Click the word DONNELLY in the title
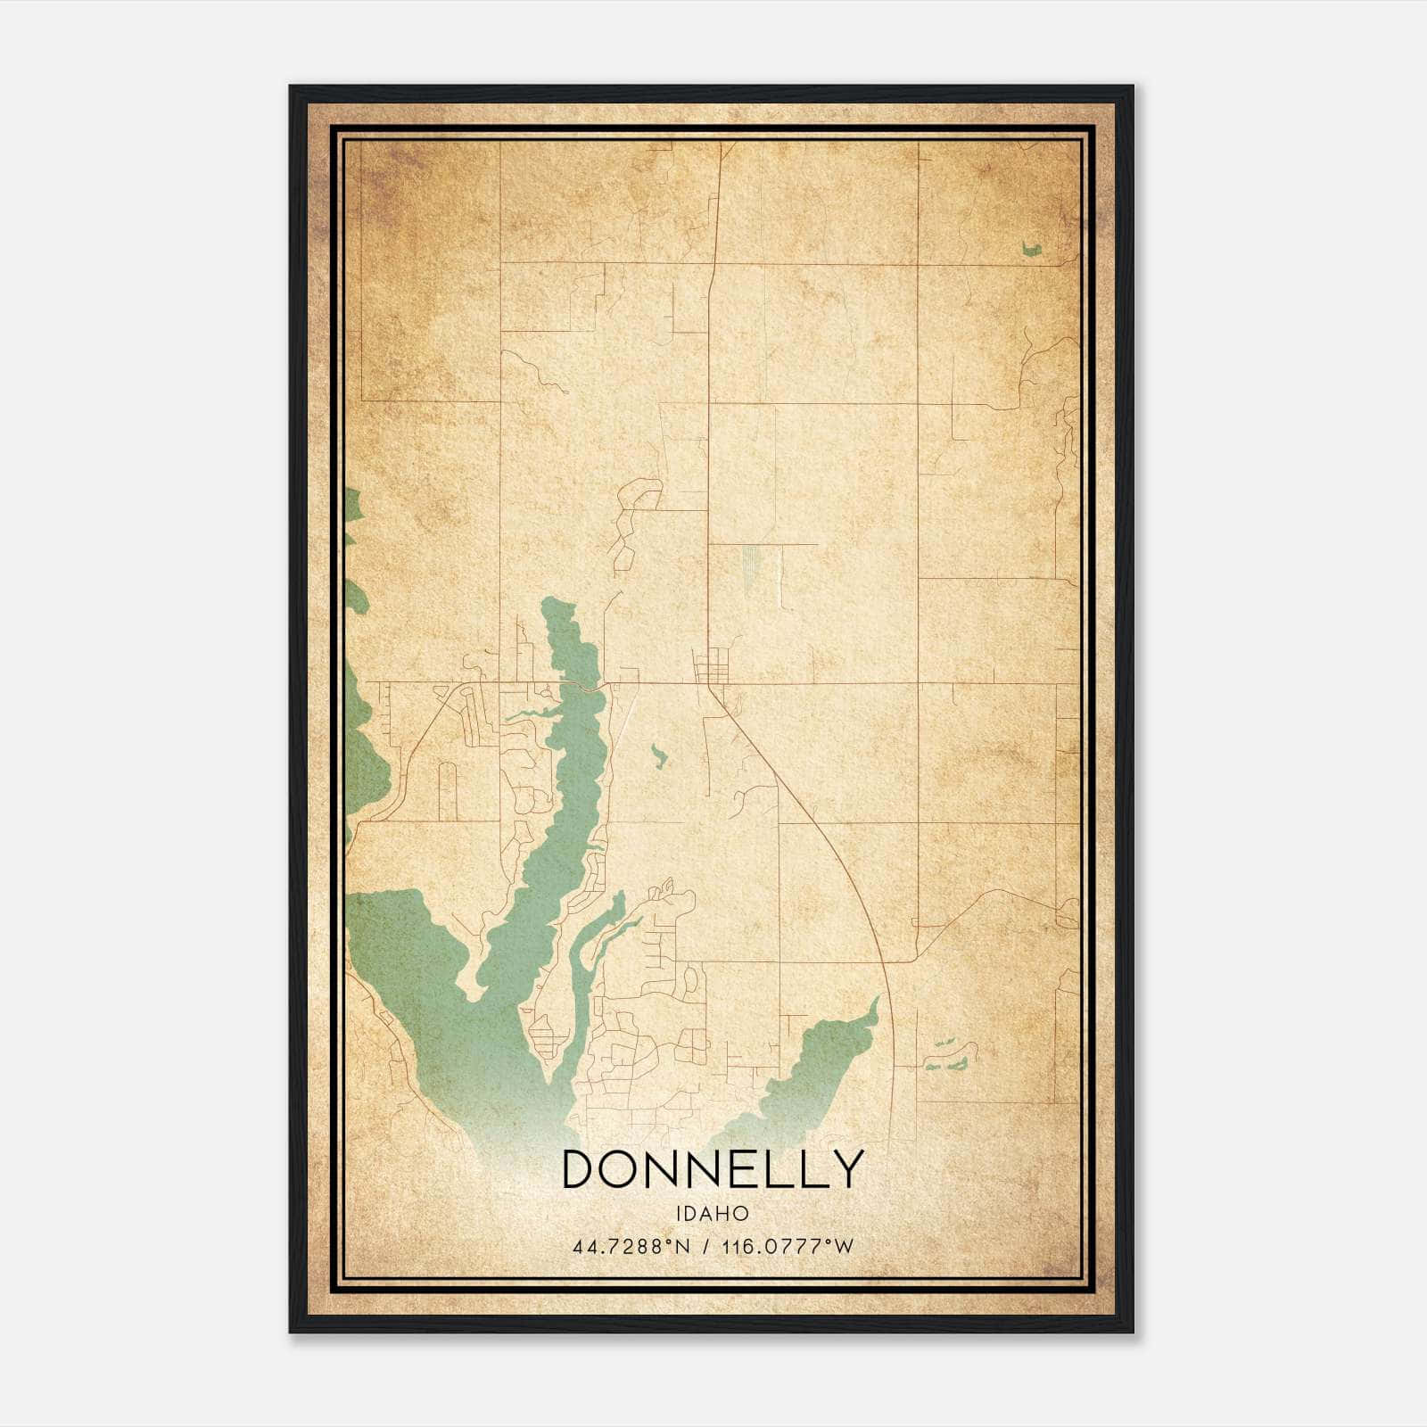coord(713,1169)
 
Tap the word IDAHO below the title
coord(713,1214)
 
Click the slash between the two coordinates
coord(706,1247)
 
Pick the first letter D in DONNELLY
coord(581,1169)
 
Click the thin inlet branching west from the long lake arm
coord(526,714)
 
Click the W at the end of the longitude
coord(845,1247)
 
